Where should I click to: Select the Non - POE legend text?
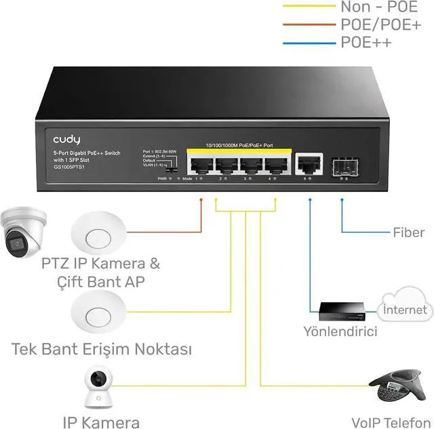(375, 7)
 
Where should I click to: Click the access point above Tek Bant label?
(100, 312)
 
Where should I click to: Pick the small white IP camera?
(100, 389)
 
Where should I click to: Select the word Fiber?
(409, 233)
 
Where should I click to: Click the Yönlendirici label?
(340, 331)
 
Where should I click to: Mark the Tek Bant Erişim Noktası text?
(102, 350)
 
